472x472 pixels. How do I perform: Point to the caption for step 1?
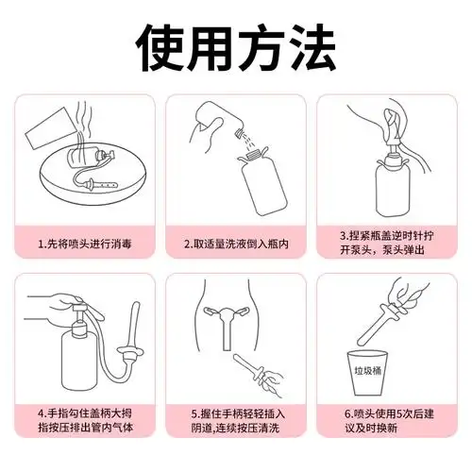[88, 243]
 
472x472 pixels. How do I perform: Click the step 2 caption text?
[236, 243]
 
